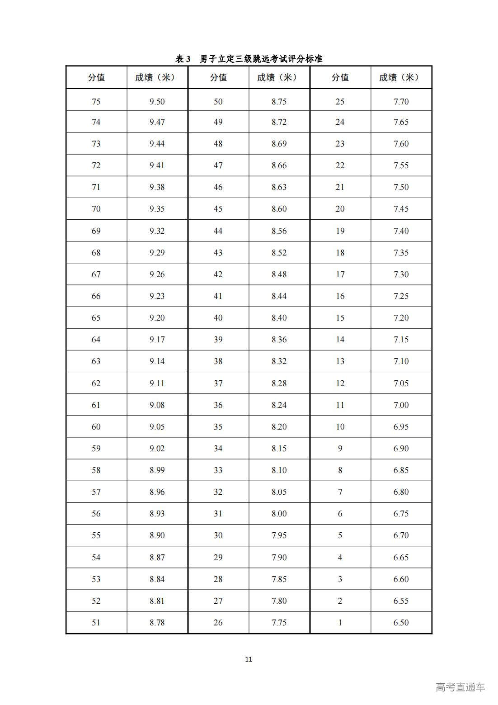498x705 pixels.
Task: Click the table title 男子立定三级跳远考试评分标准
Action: [249, 59]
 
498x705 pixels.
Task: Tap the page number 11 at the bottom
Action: [249, 659]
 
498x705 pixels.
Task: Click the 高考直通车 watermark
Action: [460, 687]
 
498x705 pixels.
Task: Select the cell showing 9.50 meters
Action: [157, 102]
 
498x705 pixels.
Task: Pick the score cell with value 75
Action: [96, 102]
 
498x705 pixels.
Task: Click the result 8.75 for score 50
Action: [279, 102]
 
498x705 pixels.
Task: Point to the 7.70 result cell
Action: [401, 102]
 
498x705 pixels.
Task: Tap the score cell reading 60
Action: [96, 427]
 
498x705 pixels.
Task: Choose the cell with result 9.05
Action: [157, 427]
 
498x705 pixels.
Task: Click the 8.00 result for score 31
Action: [279, 514]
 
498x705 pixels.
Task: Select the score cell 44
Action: [218, 231]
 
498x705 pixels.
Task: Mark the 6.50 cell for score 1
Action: [401, 623]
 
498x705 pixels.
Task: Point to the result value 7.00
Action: [401, 405]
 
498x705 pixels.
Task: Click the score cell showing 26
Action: [218, 623]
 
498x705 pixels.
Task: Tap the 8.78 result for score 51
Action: [157, 623]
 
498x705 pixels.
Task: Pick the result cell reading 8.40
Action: [279, 318]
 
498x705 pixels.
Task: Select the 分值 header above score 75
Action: [96, 77]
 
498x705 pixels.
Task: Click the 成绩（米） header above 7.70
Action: [401, 77]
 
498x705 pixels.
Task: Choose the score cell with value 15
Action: [340, 318]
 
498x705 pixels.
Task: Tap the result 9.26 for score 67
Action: [157, 274]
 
